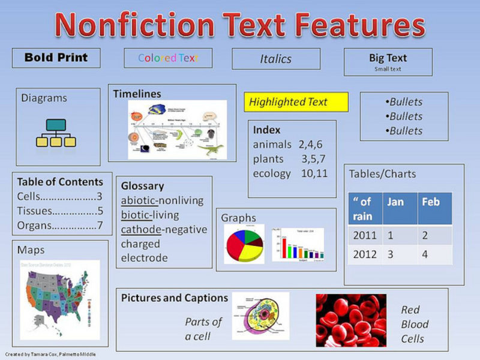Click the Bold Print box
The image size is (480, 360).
coord(56,58)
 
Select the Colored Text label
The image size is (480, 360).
coord(167,58)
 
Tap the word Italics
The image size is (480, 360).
coord(275,59)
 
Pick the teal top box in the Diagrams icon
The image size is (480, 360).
coord(56,125)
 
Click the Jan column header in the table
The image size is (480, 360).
coord(395,202)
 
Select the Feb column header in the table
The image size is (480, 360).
coord(431,202)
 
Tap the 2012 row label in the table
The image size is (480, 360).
coord(365,254)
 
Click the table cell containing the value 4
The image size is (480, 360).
coord(426,254)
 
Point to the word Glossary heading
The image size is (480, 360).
coord(142,186)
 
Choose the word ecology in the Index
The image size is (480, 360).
coord(272,173)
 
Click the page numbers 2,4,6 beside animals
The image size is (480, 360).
coord(310,145)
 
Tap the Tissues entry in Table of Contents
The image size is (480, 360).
coord(35,211)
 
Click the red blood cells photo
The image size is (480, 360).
coord(351,320)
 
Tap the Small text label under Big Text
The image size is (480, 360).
coord(388,69)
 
